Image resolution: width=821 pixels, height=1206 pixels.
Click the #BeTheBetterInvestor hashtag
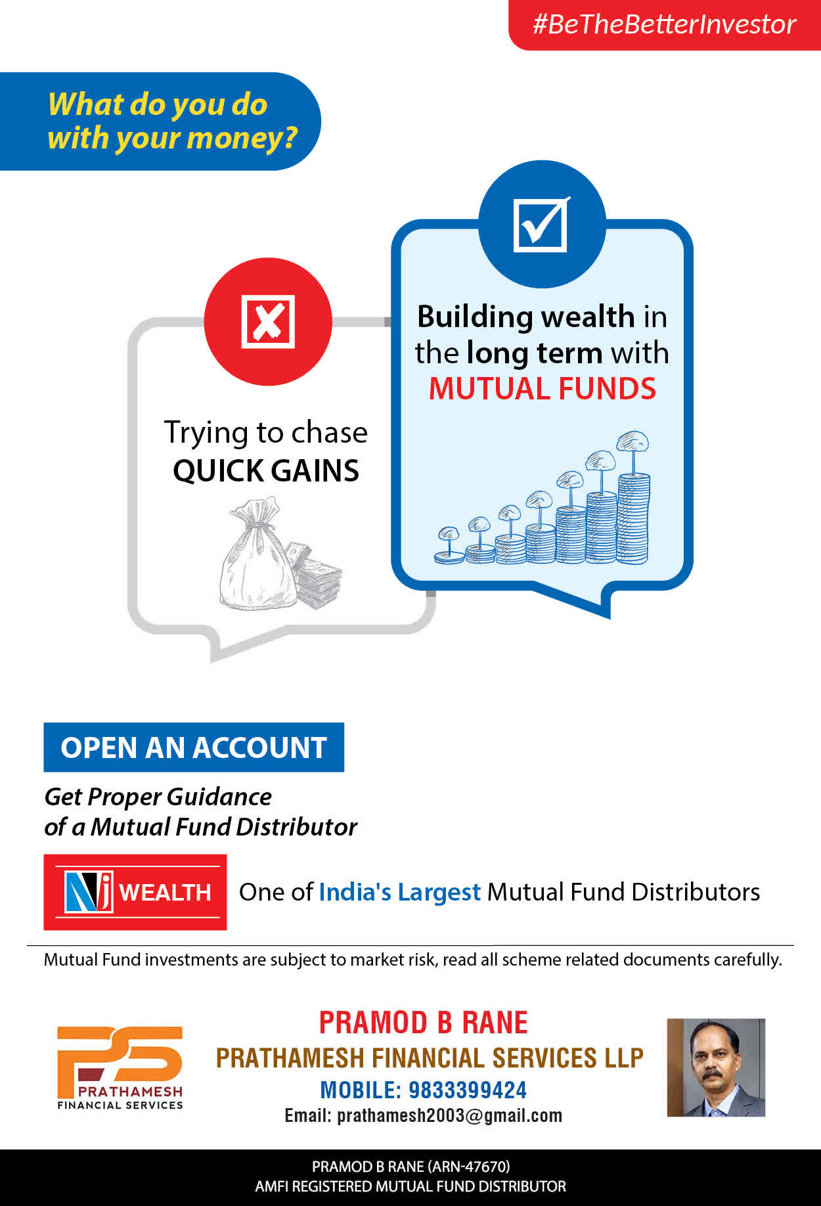[x=664, y=24]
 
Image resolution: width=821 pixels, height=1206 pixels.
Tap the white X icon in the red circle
[x=268, y=321]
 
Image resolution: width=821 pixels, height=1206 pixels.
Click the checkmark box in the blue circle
[x=541, y=224]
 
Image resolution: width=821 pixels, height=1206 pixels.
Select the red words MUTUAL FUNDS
[x=543, y=388]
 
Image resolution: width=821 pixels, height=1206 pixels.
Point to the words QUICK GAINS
[x=266, y=470]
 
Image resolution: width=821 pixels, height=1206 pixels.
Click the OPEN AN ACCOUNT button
[x=194, y=748]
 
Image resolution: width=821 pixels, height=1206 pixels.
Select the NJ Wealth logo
[x=135, y=892]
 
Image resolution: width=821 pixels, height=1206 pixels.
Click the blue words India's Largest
[x=400, y=892]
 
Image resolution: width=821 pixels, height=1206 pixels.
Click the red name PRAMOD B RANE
[x=424, y=1023]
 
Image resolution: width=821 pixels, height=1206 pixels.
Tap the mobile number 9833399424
[x=468, y=1090]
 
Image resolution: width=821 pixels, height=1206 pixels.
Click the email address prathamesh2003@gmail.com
[x=450, y=1116]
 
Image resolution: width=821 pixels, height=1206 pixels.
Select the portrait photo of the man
[x=717, y=1067]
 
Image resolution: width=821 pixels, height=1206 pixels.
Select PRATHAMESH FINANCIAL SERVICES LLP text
[x=430, y=1058]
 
